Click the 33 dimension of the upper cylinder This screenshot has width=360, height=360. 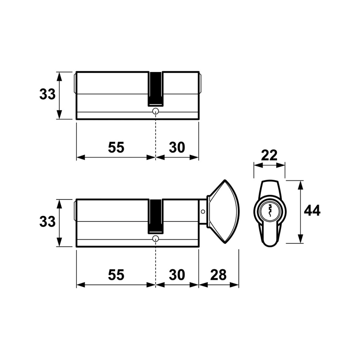[47, 94]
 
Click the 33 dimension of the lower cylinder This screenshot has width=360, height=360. [47, 222]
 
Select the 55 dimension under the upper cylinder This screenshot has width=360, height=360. [116, 147]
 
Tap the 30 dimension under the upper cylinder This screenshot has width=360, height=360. [177, 147]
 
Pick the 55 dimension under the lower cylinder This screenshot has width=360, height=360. [116, 275]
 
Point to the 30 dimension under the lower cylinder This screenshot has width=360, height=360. [177, 275]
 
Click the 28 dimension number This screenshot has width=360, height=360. [218, 275]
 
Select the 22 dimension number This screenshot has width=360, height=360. [269, 155]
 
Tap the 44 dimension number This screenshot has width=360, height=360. [312, 211]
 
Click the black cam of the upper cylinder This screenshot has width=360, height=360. [156, 89]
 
